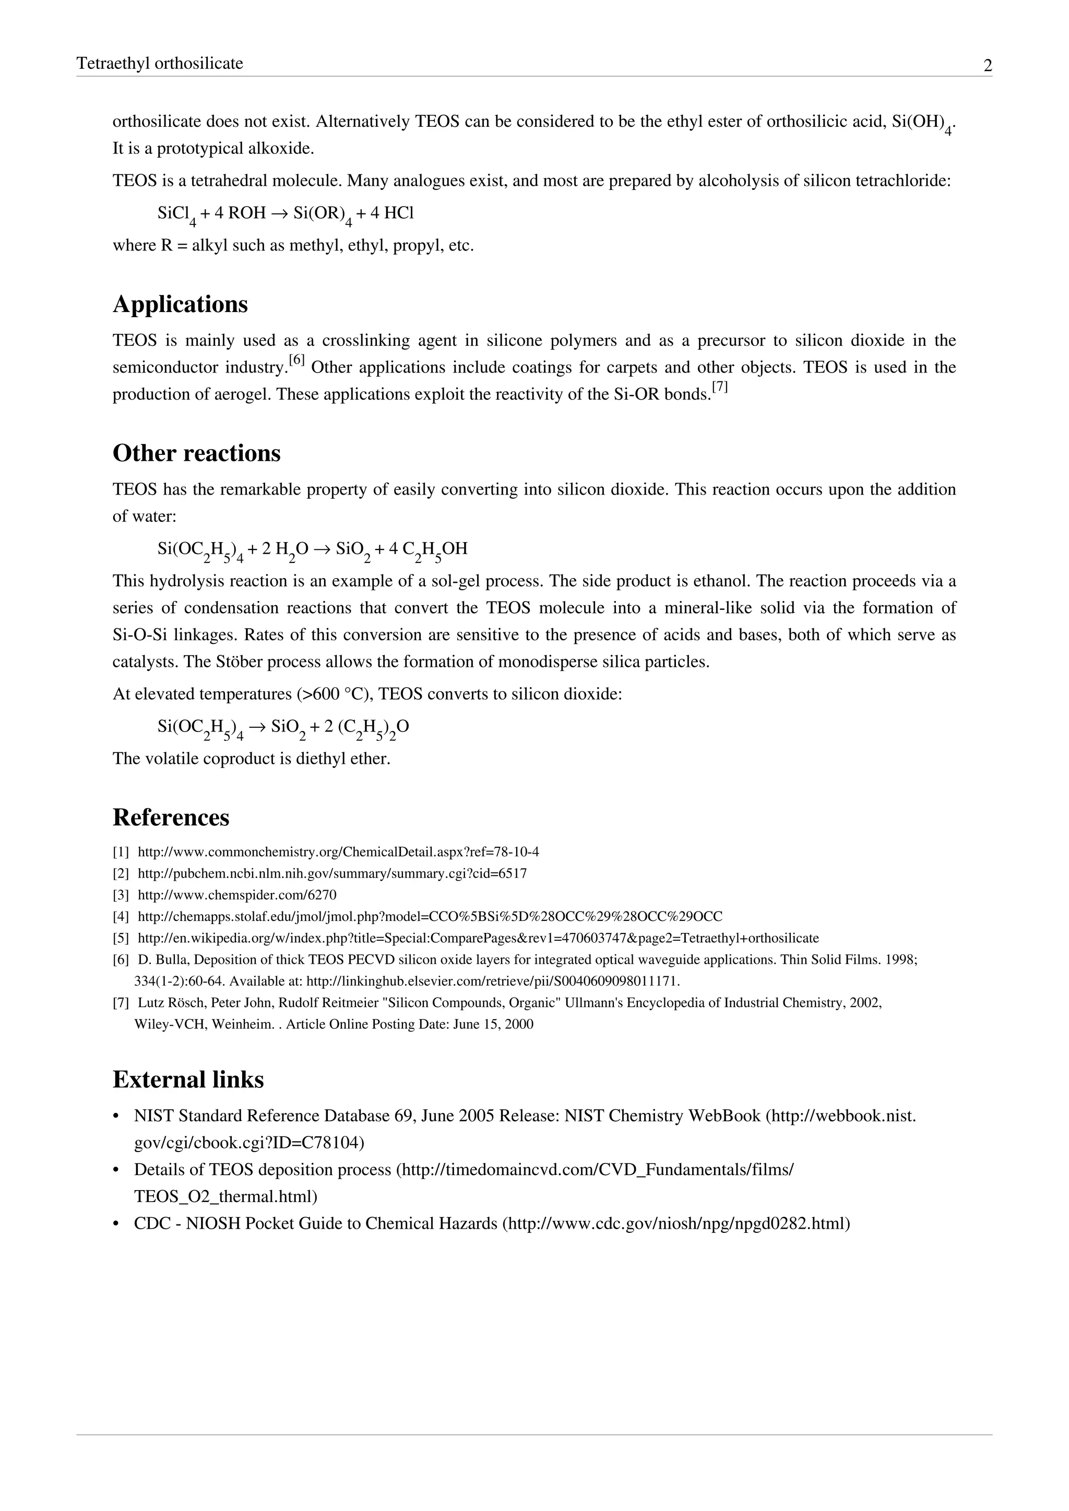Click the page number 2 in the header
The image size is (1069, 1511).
point(988,65)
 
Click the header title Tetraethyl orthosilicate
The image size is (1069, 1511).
point(160,63)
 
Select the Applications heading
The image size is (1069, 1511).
point(181,304)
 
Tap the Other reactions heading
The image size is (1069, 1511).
point(196,453)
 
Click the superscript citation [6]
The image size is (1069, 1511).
point(297,361)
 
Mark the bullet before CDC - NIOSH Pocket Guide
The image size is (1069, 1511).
point(116,1224)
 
